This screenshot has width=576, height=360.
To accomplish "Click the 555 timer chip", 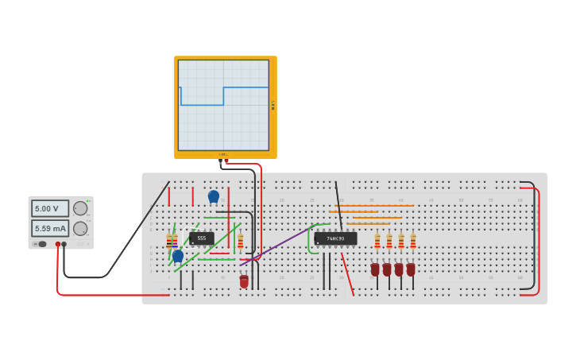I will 202,238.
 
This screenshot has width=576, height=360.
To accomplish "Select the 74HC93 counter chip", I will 335,238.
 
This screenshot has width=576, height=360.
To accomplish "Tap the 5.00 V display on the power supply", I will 50,208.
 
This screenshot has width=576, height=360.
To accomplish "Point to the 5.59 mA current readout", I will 50,228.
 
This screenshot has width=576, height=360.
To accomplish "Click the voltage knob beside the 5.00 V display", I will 80,208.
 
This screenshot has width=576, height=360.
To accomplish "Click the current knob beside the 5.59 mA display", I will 80,228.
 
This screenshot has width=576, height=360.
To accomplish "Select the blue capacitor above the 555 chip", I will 213,195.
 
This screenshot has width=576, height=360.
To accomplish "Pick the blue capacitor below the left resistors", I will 178,256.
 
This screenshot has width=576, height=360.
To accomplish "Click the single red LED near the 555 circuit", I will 244,281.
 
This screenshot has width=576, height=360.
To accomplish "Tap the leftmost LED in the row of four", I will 375,269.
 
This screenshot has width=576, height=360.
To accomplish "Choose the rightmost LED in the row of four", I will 411,269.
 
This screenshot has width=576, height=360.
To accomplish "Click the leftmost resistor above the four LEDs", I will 377,242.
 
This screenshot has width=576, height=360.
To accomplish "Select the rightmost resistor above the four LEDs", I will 413,242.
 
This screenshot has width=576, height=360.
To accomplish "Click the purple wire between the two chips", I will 278,244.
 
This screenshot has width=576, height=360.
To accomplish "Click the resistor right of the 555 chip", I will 241,241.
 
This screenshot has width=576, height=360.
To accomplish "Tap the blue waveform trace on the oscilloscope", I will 246,87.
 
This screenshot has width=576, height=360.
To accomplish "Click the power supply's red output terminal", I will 57,244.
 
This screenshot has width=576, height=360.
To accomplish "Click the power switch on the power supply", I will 41,244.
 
